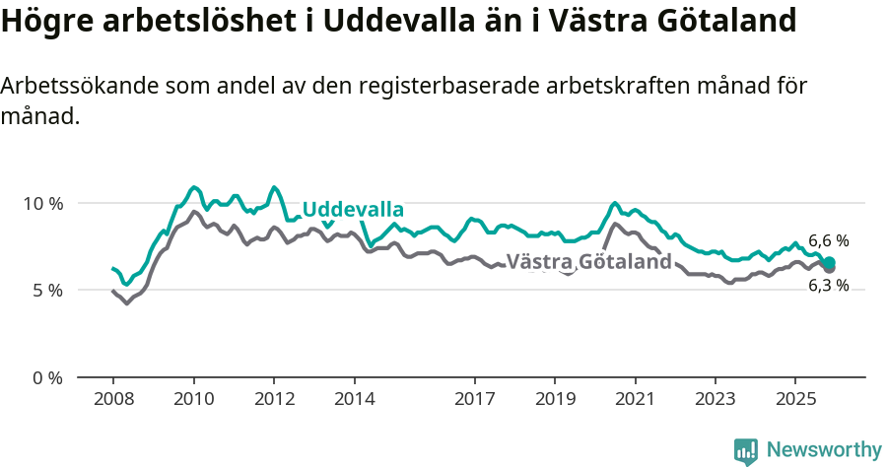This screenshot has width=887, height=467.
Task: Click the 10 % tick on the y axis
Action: (x=42, y=203)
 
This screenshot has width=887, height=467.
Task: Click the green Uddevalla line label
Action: (x=353, y=210)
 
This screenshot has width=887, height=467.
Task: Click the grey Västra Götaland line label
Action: (x=588, y=262)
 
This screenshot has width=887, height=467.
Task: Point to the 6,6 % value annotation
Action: (x=828, y=240)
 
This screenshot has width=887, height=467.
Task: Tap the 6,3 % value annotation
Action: (x=828, y=286)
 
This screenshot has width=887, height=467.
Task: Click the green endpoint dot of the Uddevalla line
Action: (x=830, y=262)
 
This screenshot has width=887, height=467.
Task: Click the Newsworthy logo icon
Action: (x=746, y=450)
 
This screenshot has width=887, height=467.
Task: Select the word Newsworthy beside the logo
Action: (x=823, y=450)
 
